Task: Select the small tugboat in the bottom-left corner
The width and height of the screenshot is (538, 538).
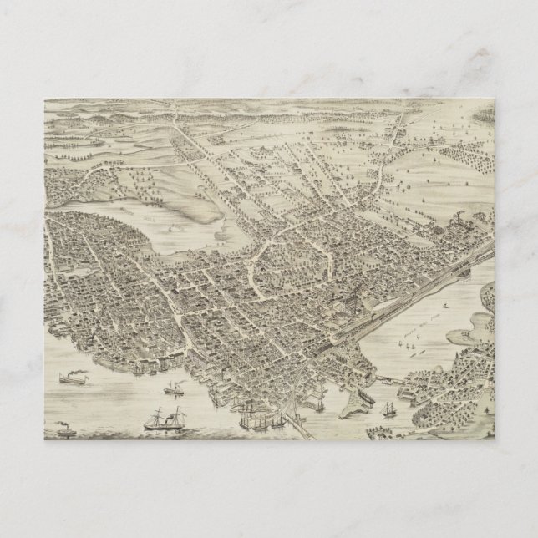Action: (65, 432)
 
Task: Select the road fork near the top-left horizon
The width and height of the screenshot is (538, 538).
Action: (175, 118)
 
